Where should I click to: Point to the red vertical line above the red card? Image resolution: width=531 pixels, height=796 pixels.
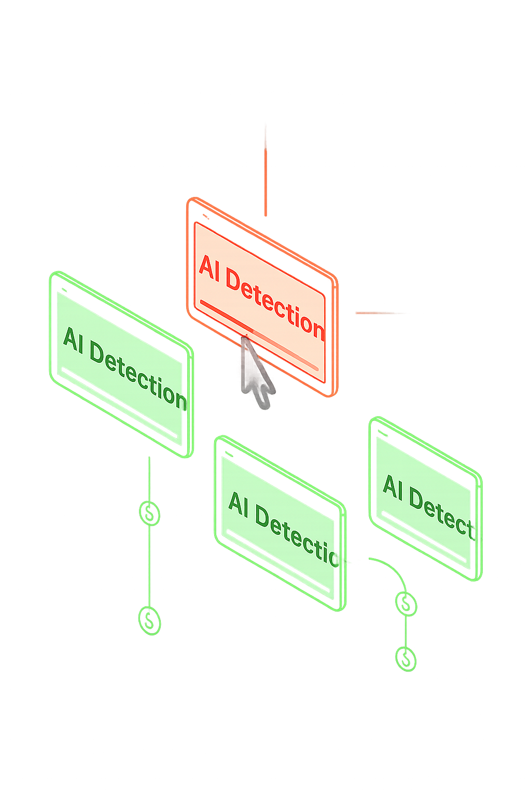tap(265, 181)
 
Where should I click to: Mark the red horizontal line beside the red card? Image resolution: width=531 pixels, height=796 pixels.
tap(376, 313)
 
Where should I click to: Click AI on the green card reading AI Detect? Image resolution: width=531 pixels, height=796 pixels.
tap(393, 487)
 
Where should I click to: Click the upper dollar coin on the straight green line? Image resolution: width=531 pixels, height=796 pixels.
tap(149, 513)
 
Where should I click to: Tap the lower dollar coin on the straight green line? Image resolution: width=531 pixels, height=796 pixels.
tap(149, 620)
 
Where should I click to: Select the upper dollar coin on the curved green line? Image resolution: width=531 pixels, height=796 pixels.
tap(406, 603)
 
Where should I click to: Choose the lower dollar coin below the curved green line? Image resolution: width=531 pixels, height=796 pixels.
tap(406, 659)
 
